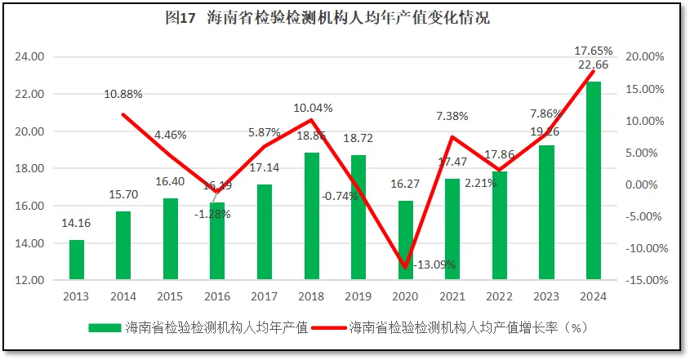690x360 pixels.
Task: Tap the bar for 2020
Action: tap(405, 240)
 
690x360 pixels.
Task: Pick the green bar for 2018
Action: tap(311, 216)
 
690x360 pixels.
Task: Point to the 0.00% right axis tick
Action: tap(645, 184)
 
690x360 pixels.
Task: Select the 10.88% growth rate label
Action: tap(123, 94)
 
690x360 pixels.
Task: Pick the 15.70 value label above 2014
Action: tap(123, 194)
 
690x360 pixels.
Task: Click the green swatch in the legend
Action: tap(105, 328)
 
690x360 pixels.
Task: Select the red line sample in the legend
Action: tap(323, 328)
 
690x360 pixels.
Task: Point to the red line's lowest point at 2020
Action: tap(405, 267)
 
